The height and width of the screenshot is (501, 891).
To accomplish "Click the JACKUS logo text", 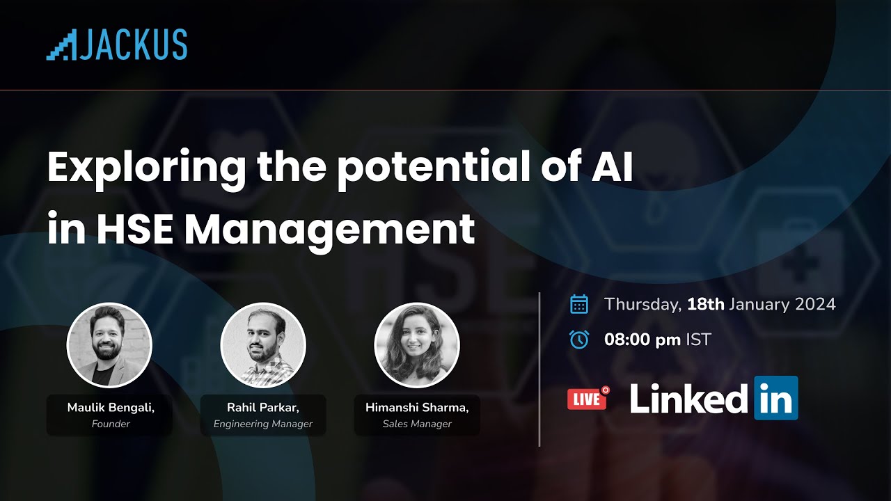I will click(x=133, y=45).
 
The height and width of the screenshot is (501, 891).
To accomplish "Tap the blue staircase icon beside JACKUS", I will click(x=61, y=46).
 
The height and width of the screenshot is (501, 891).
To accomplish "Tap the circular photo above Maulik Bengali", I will click(x=109, y=344).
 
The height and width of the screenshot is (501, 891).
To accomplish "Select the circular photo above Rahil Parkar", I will click(x=263, y=344).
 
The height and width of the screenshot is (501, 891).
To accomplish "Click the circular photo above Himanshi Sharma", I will click(x=417, y=344).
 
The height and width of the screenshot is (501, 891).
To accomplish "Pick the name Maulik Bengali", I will click(x=111, y=408).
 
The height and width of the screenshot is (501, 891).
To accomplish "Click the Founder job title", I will click(x=111, y=424).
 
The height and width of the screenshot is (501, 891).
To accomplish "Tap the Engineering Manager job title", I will click(x=263, y=424).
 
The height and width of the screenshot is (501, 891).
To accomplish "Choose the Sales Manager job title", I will click(x=417, y=424).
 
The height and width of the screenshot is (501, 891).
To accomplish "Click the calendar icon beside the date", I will click(x=579, y=304).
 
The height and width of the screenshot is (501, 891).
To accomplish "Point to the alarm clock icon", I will click(x=579, y=340).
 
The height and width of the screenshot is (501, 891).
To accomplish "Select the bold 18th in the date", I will click(x=706, y=304).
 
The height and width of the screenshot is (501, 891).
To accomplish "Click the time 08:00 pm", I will click(x=642, y=340).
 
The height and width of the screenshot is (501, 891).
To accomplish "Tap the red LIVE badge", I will click(x=588, y=399).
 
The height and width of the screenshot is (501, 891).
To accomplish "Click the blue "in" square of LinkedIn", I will click(x=776, y=398).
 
